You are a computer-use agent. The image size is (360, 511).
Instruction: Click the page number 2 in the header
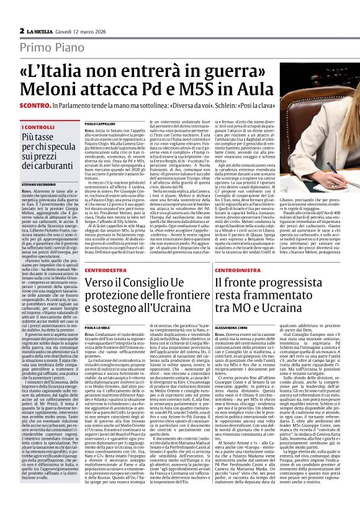(x=22, y=30)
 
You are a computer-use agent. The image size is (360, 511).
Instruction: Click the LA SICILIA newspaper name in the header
(x=39, y=30)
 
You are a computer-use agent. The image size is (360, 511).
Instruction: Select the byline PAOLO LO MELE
(x=97, y=327)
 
